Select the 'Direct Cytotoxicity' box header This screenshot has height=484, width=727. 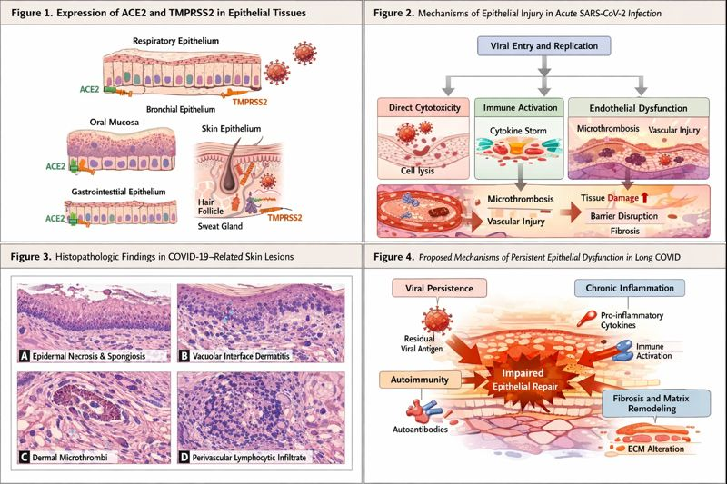tap(423, 107)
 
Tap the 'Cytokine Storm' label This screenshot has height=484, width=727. tap(515, 132)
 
